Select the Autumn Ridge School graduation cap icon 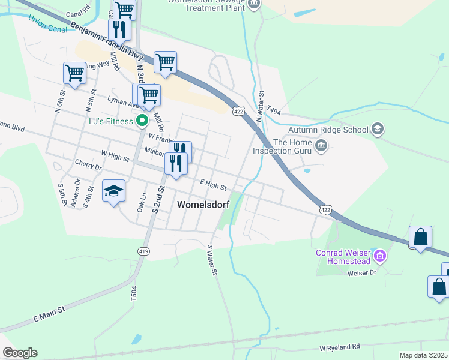click(x=378, y=129)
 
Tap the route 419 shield click(x=143, y=251)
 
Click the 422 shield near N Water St click(x=238, y=111)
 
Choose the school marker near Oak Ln click(x=113, y=191)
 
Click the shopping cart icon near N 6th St click(x=74, y=73)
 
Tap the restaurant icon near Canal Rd click(x=119, y=29)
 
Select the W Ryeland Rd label click(x=340, y=347)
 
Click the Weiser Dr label click(x=362, y=273)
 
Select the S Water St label click(x=211, y=260)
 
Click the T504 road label click(x=133, y=293)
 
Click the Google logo click(x=20, y=353)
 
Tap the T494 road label click(x=274, y=110)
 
